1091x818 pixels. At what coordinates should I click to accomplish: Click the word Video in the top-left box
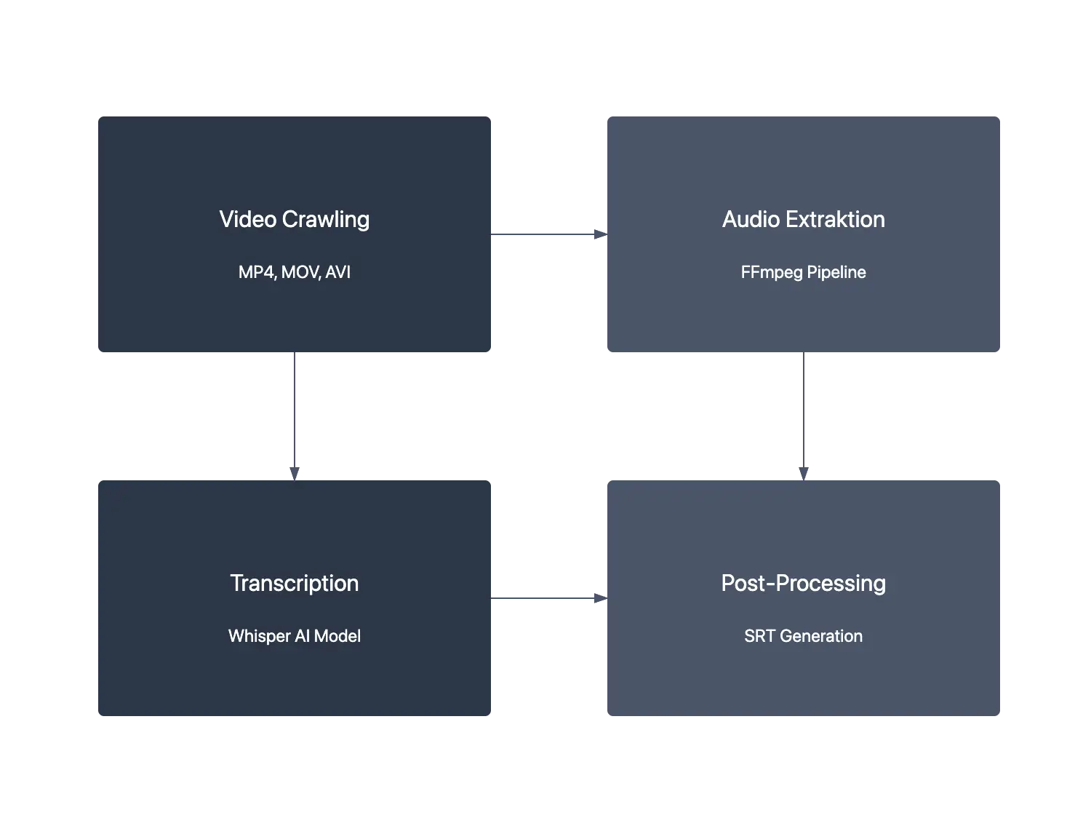click(x=247, y=219)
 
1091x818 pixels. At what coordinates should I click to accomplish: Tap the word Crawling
click(x=326, y=220)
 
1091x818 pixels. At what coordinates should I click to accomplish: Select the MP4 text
click(x=256, y=272)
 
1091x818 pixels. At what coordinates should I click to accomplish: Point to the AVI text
click(x=337, y=272)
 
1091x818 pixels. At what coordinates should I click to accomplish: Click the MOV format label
click(x=300, y=272)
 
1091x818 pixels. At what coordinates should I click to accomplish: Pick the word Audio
click(x=751, y=219)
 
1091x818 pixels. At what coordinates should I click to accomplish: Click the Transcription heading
click(x=295, y=583)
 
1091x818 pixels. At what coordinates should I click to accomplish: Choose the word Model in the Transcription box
click(x=337, y=636)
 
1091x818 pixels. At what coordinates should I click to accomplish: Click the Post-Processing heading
click(x=803, y=583)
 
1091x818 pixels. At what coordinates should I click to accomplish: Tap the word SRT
click(x=759, y=636)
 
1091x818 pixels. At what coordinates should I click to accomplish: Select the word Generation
click(x=821, y=636)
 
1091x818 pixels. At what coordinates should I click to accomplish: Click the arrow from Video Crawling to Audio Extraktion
click(x=549, y=235)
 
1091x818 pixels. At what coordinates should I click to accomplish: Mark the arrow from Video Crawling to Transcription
click(x=294, y=415)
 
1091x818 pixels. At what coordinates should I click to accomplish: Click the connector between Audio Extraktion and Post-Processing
click(x=805, y=415)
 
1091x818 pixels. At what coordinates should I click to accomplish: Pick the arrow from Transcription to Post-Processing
click(x=549, y=597)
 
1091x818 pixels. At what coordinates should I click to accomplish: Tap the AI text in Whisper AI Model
click(x=302, y=636)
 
